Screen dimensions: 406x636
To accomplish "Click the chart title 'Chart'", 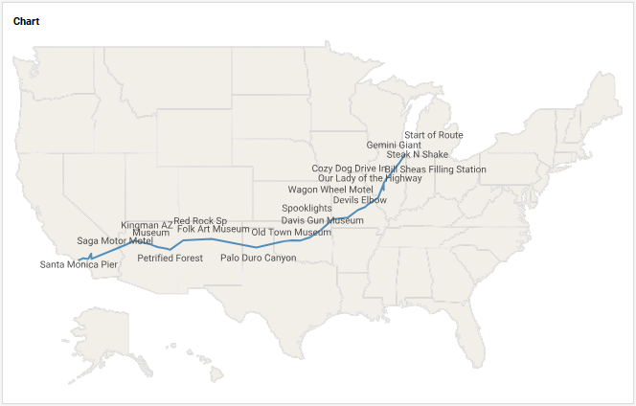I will point(26,21).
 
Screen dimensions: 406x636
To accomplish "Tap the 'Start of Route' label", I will point(433,136).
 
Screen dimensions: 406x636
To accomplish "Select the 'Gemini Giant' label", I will point(394,146).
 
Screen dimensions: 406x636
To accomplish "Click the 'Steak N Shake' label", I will point(418,154).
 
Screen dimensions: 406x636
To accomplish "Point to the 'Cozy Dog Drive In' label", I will point(350,169).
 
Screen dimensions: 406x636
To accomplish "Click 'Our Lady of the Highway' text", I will point(370,178).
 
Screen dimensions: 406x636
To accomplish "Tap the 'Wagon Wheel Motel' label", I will point(330,190).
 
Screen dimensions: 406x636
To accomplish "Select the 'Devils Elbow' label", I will point(360,200).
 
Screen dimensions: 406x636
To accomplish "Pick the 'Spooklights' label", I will point(307,209).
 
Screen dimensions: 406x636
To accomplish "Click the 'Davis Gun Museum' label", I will point(322,221).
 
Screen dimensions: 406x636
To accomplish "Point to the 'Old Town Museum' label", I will point(291,233).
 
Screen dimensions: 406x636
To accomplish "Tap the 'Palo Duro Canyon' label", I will point(259,258).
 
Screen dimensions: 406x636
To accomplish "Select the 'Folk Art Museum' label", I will point(213,230).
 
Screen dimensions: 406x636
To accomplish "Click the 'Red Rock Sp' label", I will point(200,221).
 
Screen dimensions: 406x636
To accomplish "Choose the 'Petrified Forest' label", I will point(170,258).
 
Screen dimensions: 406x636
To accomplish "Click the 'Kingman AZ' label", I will point(147,225).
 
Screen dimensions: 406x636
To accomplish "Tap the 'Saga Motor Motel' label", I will point(115,240).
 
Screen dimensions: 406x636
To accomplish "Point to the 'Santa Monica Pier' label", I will point(79,264).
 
